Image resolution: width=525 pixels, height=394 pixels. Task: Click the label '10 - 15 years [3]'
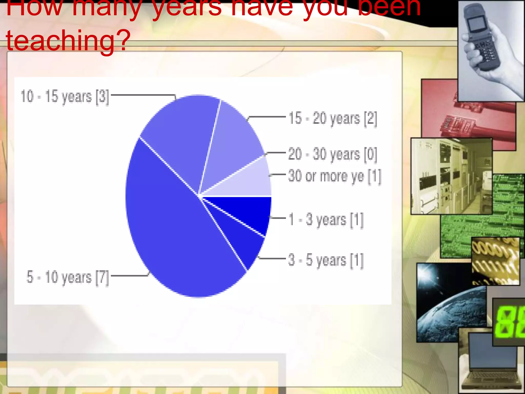[65, 97]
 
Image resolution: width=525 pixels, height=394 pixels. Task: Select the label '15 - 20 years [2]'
[333, 119]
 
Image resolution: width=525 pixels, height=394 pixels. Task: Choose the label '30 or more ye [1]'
[335, 176]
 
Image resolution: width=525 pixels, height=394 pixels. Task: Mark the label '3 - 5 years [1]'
[326, 260]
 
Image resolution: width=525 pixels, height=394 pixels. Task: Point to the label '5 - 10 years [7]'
[68, 277]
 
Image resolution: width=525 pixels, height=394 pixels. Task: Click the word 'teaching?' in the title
[68, 40]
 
